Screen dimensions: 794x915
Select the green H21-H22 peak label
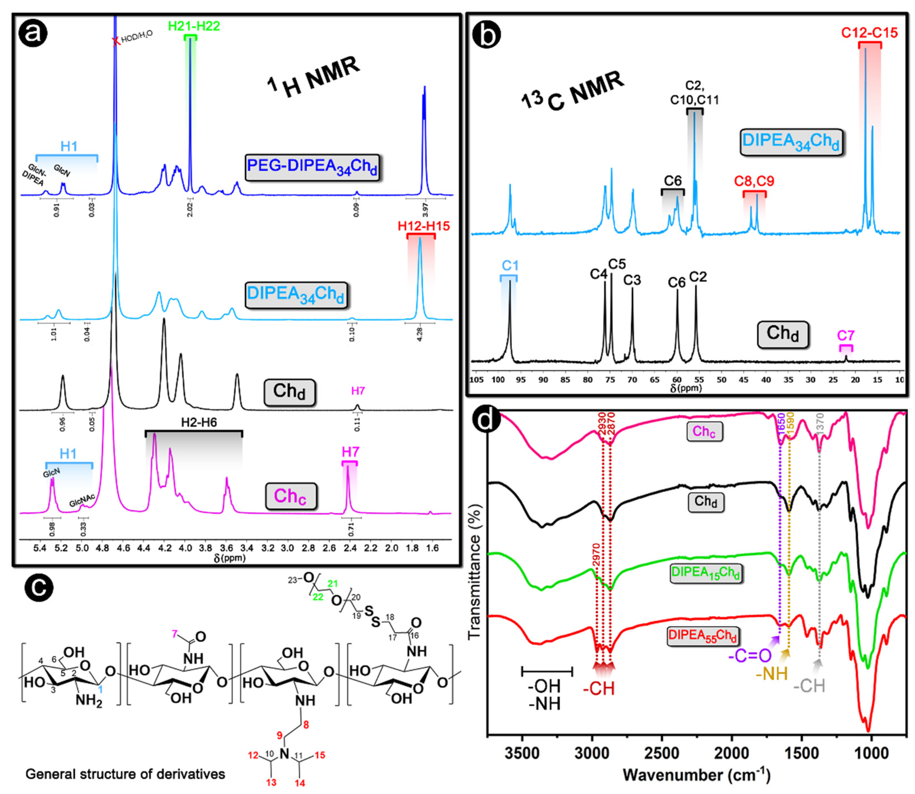[x=194, y=26]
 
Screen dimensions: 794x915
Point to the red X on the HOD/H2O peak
[x=116, y=42]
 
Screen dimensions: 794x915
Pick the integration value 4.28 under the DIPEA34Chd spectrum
[x=420, y=334]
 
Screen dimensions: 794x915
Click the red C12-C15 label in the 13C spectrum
[x=869, y=33]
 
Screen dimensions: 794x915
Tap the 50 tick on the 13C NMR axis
[x=721, y=380]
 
